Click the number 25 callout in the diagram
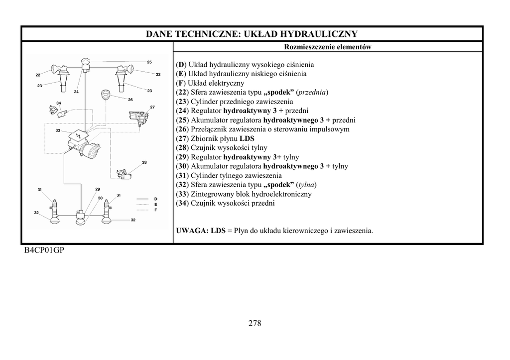point(149,62)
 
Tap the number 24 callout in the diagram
point(76,92)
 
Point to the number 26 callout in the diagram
point(130,100)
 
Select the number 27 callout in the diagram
point(152,107)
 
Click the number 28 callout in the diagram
point(144,162)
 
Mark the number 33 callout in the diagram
point(58,130)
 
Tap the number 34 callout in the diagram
point(59,103)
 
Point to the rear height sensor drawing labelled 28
point(124,173)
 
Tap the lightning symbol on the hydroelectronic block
point(78,136)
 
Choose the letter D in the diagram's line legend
point(155,199)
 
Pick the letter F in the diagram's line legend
point(155,210)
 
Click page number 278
point(255,323)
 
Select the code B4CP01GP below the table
point(44,250)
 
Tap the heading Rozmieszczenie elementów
point(328,47)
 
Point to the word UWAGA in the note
point(192,231)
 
